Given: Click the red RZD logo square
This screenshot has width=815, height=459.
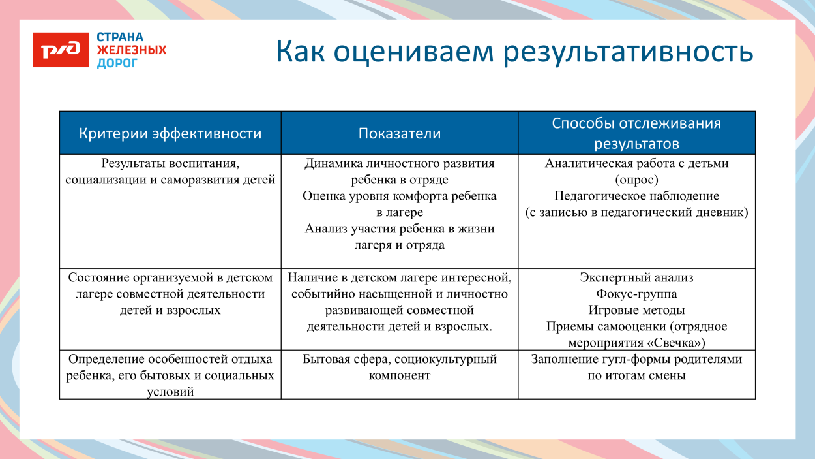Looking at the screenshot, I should (61, 50).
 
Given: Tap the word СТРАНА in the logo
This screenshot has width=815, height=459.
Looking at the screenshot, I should (120, 37).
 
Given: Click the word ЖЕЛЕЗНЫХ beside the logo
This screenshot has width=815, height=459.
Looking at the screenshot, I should (131, 50).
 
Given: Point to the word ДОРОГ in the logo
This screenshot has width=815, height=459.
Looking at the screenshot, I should (117, 63).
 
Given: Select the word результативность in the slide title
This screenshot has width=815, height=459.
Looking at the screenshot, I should (628, 52).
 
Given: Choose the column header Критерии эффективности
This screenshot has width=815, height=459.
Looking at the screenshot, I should (170, 134).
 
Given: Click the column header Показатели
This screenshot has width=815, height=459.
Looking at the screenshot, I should (400, 134).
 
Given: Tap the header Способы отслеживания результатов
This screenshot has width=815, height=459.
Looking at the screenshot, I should (636, 133).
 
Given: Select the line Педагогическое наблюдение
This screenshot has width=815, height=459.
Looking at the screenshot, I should (636, 196).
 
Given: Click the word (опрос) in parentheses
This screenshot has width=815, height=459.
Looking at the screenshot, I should (636, 180).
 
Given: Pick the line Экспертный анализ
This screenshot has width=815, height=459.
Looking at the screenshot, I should (636, 277).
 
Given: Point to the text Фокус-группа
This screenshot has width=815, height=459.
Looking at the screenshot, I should (636, 294).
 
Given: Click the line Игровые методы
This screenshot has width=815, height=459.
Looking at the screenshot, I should (636, 310).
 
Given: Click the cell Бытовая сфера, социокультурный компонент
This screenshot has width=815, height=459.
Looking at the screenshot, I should (400, 367).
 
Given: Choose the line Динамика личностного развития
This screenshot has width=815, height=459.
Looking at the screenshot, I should (400, 163).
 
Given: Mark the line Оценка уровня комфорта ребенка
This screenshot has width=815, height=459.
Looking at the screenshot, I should (400, 196).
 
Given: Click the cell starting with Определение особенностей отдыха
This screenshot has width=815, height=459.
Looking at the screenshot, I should (170, 375).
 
